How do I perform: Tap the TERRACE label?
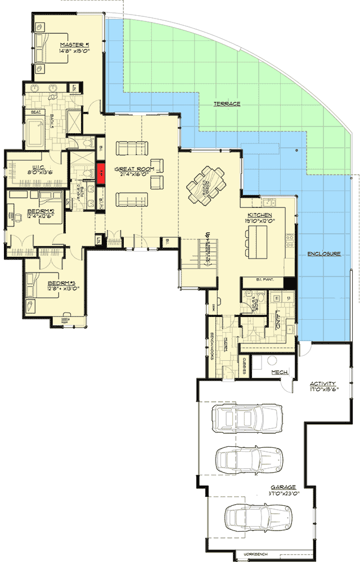tap(227, 105)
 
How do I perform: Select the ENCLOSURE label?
tap(324, 254)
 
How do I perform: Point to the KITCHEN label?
tap(260, 216)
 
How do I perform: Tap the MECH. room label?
tap(280, 372)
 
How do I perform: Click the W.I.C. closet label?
tap(26, 166)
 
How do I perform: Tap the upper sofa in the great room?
tap(132, 148)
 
